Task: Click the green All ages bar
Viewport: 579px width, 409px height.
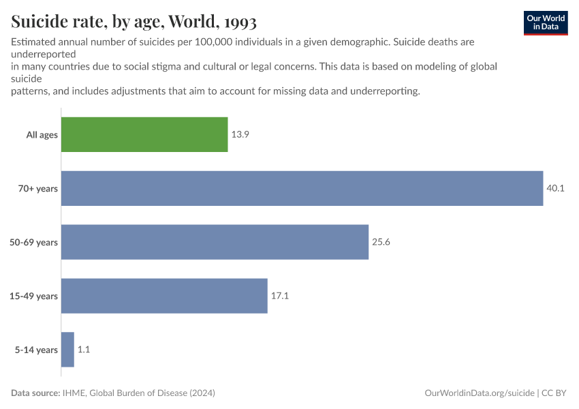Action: click(x=144, y=134)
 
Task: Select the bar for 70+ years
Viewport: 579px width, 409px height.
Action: click(x=302, y=188)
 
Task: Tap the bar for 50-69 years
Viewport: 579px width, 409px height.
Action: click(x=215, y=242)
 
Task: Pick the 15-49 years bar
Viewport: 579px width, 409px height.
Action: click(x=164, y=296)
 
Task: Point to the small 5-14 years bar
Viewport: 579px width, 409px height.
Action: click(x=67, y=350)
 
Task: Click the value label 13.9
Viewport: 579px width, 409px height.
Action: click(x=240, y=135)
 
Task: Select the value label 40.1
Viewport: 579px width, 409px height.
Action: click(x=555, y=189)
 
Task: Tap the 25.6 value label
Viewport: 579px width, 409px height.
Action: click(x=381, y=242)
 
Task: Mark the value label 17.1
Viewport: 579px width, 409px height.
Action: click(x=280, y=296)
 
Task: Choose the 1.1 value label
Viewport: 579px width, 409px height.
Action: click(x=84, y=350)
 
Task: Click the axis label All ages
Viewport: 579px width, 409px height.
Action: click(x=42, y=135)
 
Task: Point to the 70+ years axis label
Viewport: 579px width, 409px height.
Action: click(x=37, y=189)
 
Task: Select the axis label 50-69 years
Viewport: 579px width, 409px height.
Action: click(x=34, y=242)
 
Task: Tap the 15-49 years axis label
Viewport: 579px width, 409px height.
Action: click(x=34, y=296)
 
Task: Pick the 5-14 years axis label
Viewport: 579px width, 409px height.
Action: click(x=37, y=350)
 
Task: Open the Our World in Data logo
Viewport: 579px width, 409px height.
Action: click(x=545, y=22)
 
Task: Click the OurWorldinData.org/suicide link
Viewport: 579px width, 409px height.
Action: click(x=479, y=393)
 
